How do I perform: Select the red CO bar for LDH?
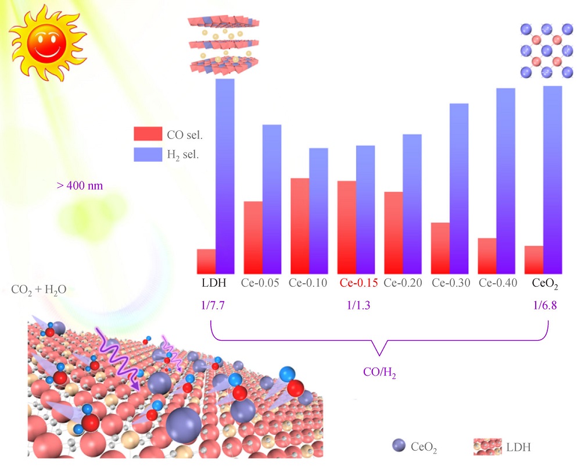pyautogui.click(x=206, y=261)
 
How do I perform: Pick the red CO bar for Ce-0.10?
pyautogui.click(x=300, y=226)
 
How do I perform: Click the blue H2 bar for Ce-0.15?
pyautogui.click(x=365, y=209)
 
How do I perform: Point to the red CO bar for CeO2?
pyautogui.click(x=534, y=259)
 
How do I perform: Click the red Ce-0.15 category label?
pyautogui.click(x=358, y=284)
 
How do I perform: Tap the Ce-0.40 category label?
pyautogui.click(x=498, y=284)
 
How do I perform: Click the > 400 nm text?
pyautogui.click(x=80, y=187)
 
